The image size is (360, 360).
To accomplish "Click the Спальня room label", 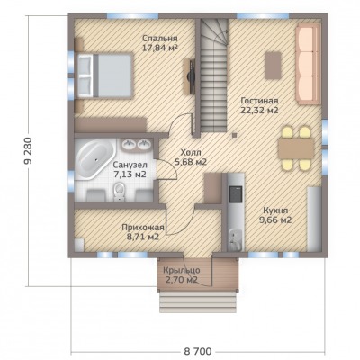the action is click(x=160, y=39).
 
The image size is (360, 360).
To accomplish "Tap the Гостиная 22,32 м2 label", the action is click(x=259, y=105).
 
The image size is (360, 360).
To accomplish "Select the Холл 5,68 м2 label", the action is click(x=191, y=157).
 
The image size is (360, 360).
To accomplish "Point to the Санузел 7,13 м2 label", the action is click(x=130, y=169).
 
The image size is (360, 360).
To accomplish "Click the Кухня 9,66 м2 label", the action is click(x=275, y=215).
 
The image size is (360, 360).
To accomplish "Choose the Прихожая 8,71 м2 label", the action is click(x=143, y=232).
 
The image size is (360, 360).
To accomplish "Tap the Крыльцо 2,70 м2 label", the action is click(x=181, y=275).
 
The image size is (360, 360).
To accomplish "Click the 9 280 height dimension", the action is click(x=29, y=151).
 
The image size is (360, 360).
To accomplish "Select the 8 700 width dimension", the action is click(x=197, y=351).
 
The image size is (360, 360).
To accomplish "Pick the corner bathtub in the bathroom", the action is click(x=94, y=159).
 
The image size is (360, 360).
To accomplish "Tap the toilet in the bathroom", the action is click(x=120, y=192).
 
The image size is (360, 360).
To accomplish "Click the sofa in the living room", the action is click(x=309, y=65).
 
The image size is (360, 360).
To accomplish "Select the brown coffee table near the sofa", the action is click(x=273, y=66).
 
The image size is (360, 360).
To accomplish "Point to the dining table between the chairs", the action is click(x=296, y=149).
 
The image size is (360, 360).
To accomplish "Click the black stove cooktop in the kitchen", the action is click(x=236, y=193).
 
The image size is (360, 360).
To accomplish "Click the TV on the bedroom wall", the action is click(x=191, y=76).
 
